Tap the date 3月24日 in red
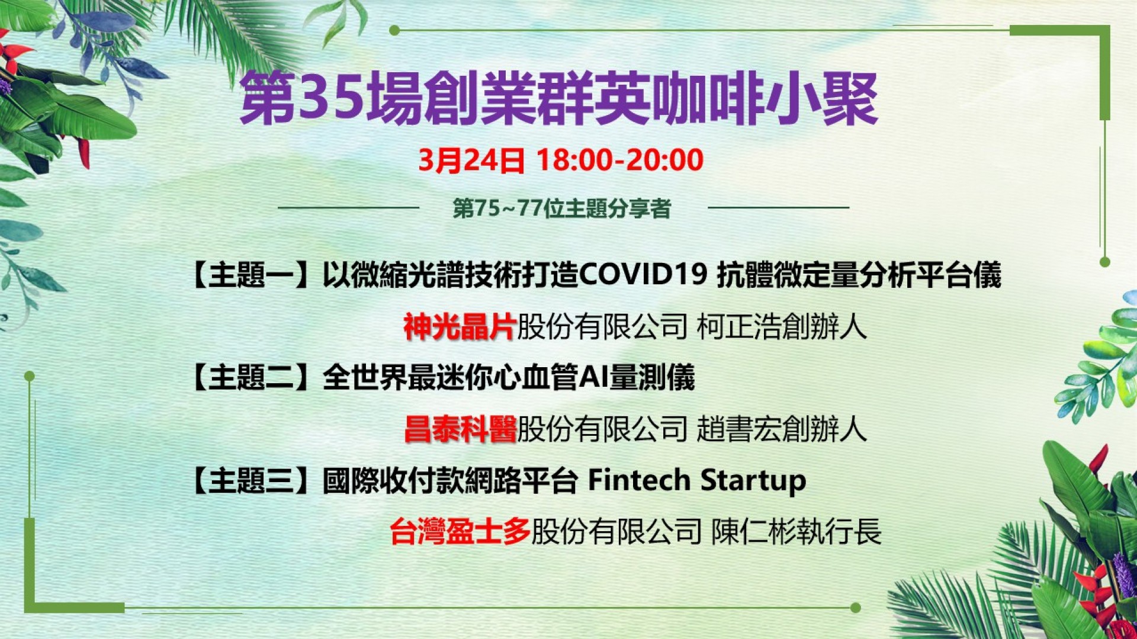coord(471,160)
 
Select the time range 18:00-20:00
coord(620,160)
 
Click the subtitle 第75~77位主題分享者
coord(561,208)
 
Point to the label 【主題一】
coord(251,275)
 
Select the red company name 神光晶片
coord(460,326)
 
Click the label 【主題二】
coord(251,378)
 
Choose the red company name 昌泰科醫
coord(460,429)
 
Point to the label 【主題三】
coord(251,480)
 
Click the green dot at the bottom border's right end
coord(855,608)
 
